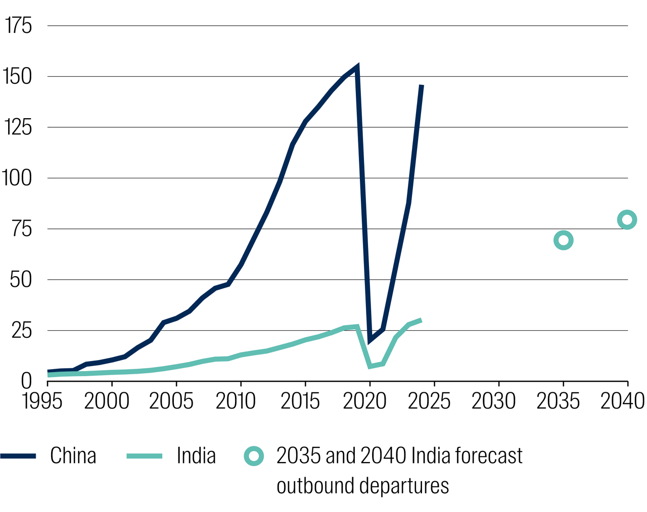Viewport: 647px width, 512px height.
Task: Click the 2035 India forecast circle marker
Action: pyautogui.click(x=563, y=240)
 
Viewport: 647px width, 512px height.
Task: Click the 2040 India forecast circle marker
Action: pyautogui.click(x=627, y=220)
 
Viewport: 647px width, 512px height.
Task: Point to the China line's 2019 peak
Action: pyautogui.click(x=357, y=67)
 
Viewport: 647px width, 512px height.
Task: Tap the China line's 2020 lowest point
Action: pyautogui.click(x=370, y=340)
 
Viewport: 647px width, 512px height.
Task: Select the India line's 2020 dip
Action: pyautogui.click(x=370, y=366)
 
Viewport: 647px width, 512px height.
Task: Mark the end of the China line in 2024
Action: pyautogui.click(x=422, y=86)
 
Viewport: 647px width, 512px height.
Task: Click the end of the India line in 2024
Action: pyautogui.click(x=421, y=320)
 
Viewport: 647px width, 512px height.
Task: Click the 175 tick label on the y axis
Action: pyautogui.click(x=18, y=26)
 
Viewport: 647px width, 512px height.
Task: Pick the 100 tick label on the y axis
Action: pyautogui.click(x=17, y=178)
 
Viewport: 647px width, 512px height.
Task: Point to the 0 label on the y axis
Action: pyautogui.click(x=26, y=381)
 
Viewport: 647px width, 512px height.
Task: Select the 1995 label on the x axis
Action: pyautogui.click(x=42, y=401)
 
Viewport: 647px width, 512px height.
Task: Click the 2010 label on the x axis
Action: pyautogui.click(x=236, y=401)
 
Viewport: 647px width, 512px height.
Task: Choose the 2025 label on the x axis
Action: pyautogui.click(x=429, y=401)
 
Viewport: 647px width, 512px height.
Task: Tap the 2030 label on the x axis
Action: pyautogui.click(x=493, y=401)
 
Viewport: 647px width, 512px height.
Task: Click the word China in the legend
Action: pyautogui.click(x=73, y=456)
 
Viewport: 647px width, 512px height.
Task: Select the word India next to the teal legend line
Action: pyautogui.click(x=196, y=456)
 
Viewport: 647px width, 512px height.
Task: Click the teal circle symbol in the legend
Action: pyautogui.click(x=254, y=456)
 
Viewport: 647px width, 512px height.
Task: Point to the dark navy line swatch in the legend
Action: pyautogui.click(x=18, y=456)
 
